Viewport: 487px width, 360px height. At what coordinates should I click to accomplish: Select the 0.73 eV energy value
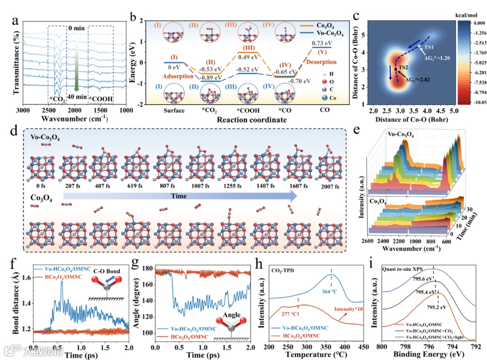[x=322, y=43]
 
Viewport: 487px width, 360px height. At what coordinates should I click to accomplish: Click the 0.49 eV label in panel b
[x=250, y=57]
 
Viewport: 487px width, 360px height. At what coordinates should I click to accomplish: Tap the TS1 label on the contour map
[x=429, y=47]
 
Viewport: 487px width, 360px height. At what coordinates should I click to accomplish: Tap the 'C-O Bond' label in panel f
[x=103, y=272]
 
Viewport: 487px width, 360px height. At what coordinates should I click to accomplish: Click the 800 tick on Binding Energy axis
[x=382, y=348]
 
